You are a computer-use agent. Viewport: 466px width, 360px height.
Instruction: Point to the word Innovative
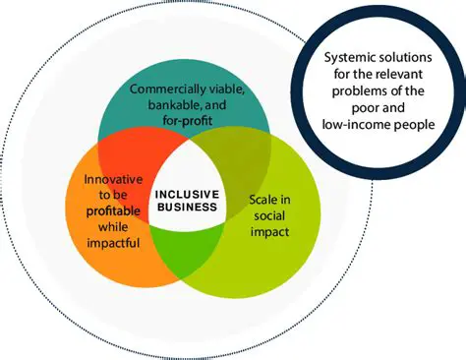(x=114, y=179)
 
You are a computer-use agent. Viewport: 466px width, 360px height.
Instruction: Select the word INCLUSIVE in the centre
(x=188, y=193)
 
